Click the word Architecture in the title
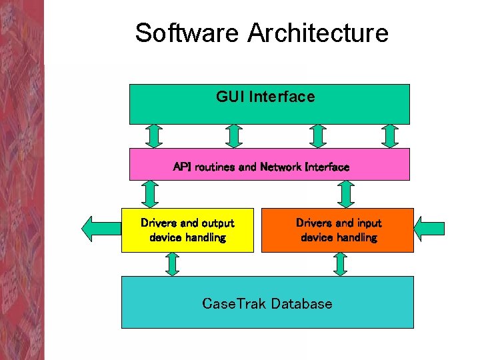[x=317, y=33]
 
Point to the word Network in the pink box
[x=280, y=167]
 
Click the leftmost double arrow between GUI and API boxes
[x=155, y=136]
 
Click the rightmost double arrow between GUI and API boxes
[x=390, y=136]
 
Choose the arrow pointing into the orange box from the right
[x=429, y=228]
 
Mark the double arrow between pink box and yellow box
[x=150, y=194]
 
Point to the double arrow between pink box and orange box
[x=345, y=194]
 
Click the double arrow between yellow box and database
[x=172, y=264]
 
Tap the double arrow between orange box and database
[x=340, y=264]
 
